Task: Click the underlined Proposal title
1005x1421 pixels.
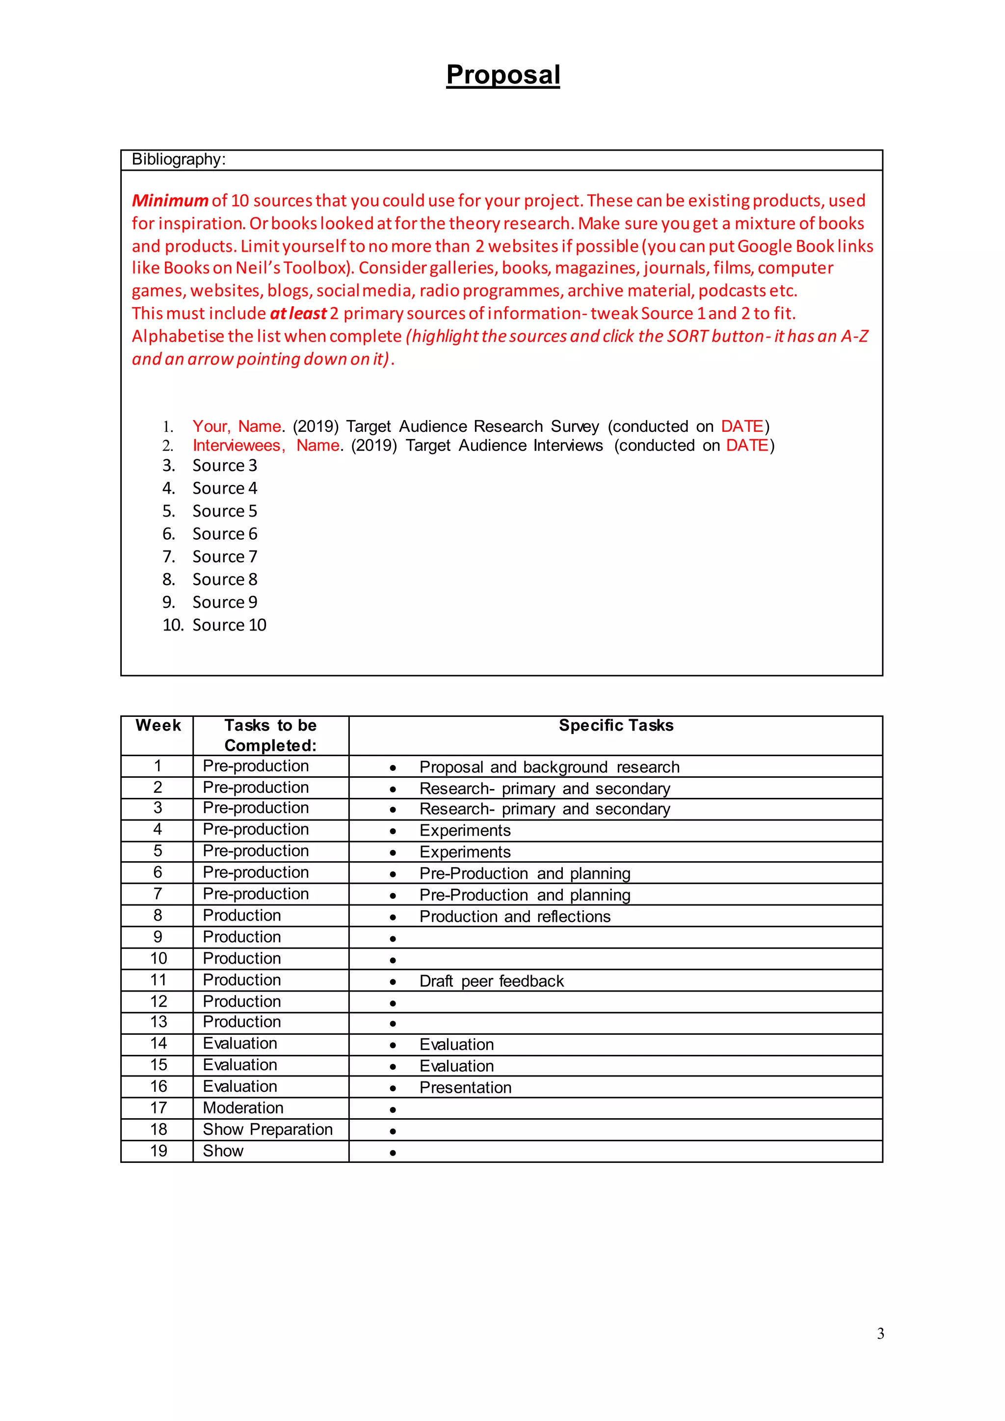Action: [x=502, y=75]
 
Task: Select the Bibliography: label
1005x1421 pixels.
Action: [x=178, y=159]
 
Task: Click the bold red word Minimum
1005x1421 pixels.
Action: [x=170, y=201]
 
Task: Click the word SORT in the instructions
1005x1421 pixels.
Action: [x=687, y=336]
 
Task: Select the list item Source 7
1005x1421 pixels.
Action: [x=225, y=557]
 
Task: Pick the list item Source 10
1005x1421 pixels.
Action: [x=229, y=625]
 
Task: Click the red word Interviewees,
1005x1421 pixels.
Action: [x=239, y=446]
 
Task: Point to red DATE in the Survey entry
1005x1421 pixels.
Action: [x=742, y=426]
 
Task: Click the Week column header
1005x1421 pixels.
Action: [x=158, y=725]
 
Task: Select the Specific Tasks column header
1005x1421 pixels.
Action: [x=616, y=725]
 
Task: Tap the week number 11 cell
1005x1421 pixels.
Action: [x=159, y=980]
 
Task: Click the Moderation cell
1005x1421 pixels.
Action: [x=243, y=1108]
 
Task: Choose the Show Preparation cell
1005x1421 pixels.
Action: [x=267, y=1130]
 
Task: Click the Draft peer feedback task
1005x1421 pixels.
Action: [x=491, y=981]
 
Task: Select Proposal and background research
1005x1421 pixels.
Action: [x=549, y=767]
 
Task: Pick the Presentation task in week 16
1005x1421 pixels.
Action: [x=465, y=1088]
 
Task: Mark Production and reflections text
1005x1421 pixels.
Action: [x=514, y=917]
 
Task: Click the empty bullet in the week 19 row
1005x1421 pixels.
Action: [x=393, y=1153]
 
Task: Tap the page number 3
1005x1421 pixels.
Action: [x=880, y=1334]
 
